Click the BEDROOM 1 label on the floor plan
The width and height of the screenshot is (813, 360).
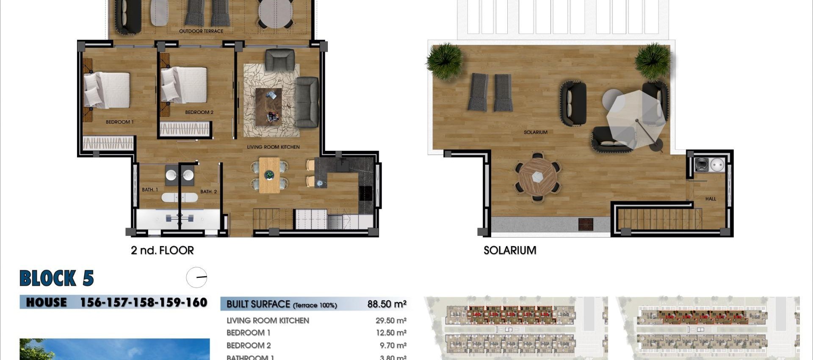[x=119, y=122]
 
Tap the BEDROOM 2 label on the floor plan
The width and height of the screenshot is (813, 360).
[x=199, y=112]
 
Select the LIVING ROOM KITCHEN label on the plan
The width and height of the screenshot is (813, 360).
[x=273, y=147]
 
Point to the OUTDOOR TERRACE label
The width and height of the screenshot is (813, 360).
[x=201, y=31]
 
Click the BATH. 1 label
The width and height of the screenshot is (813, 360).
[x=150, y=190]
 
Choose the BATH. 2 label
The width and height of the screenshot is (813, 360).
[x=208, y=192]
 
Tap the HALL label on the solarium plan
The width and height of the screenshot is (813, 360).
[x=711, y=199]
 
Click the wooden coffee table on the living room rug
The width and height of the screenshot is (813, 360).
[x=268, y=106]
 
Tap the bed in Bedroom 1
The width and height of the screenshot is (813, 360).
[x=107, y=90]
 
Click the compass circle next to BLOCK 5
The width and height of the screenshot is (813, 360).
[x=196, y=278]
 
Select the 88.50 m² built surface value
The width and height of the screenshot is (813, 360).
[x=387, y=304]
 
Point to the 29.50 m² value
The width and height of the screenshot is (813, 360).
[x=390, y=321]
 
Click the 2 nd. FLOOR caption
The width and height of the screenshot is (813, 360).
[x=162, y=250]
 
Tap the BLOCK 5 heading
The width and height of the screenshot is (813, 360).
[x=56, y=278]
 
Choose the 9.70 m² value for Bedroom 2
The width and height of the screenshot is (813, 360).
[x=393, y=346]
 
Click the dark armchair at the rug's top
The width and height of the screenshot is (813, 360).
[x=279, y=60]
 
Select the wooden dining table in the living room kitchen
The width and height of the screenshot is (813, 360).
[x=269, y=175]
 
